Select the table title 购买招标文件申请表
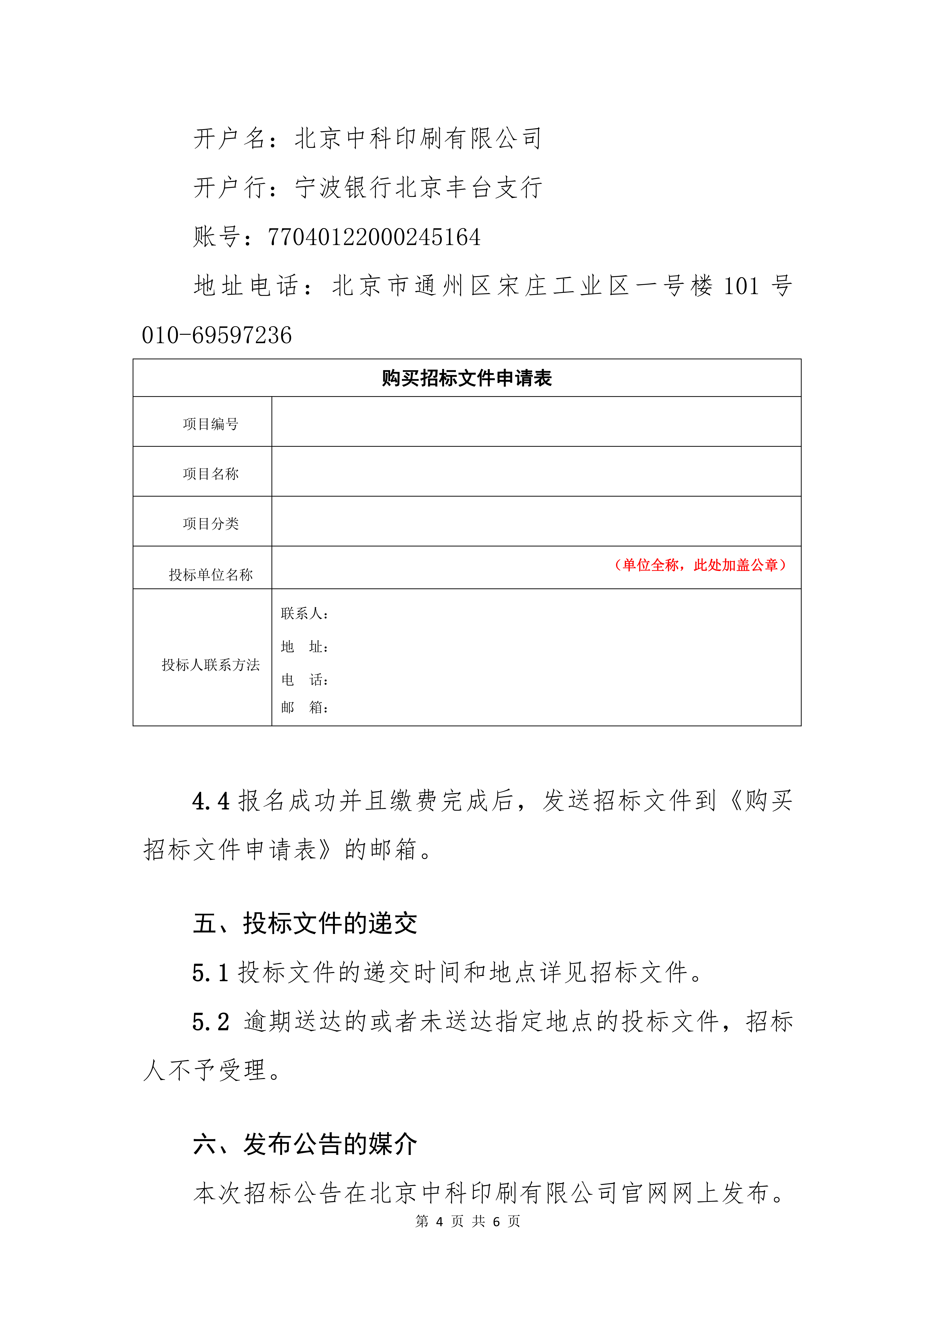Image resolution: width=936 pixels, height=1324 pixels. tap(467, 378)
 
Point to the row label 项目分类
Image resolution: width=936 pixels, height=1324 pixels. tap(211, 524)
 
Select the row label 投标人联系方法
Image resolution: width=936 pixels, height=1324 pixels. tap(211, 665)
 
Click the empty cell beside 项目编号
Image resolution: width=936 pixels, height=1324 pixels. tap(536, 422)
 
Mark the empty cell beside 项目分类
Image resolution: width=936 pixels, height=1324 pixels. tap(536, 521)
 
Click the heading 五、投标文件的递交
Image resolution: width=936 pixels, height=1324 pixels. tap(305, 923)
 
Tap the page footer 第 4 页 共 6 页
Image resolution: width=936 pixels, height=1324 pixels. tap(468, 1221)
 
